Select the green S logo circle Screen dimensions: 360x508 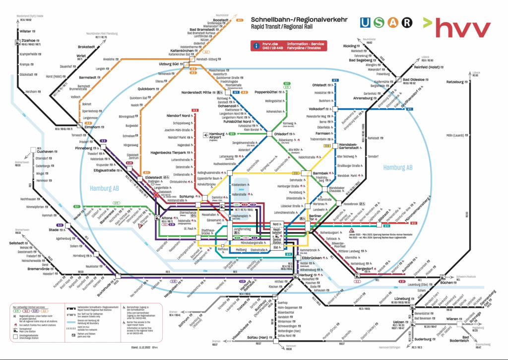380,22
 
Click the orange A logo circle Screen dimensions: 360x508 393,22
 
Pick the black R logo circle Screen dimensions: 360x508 406,22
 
